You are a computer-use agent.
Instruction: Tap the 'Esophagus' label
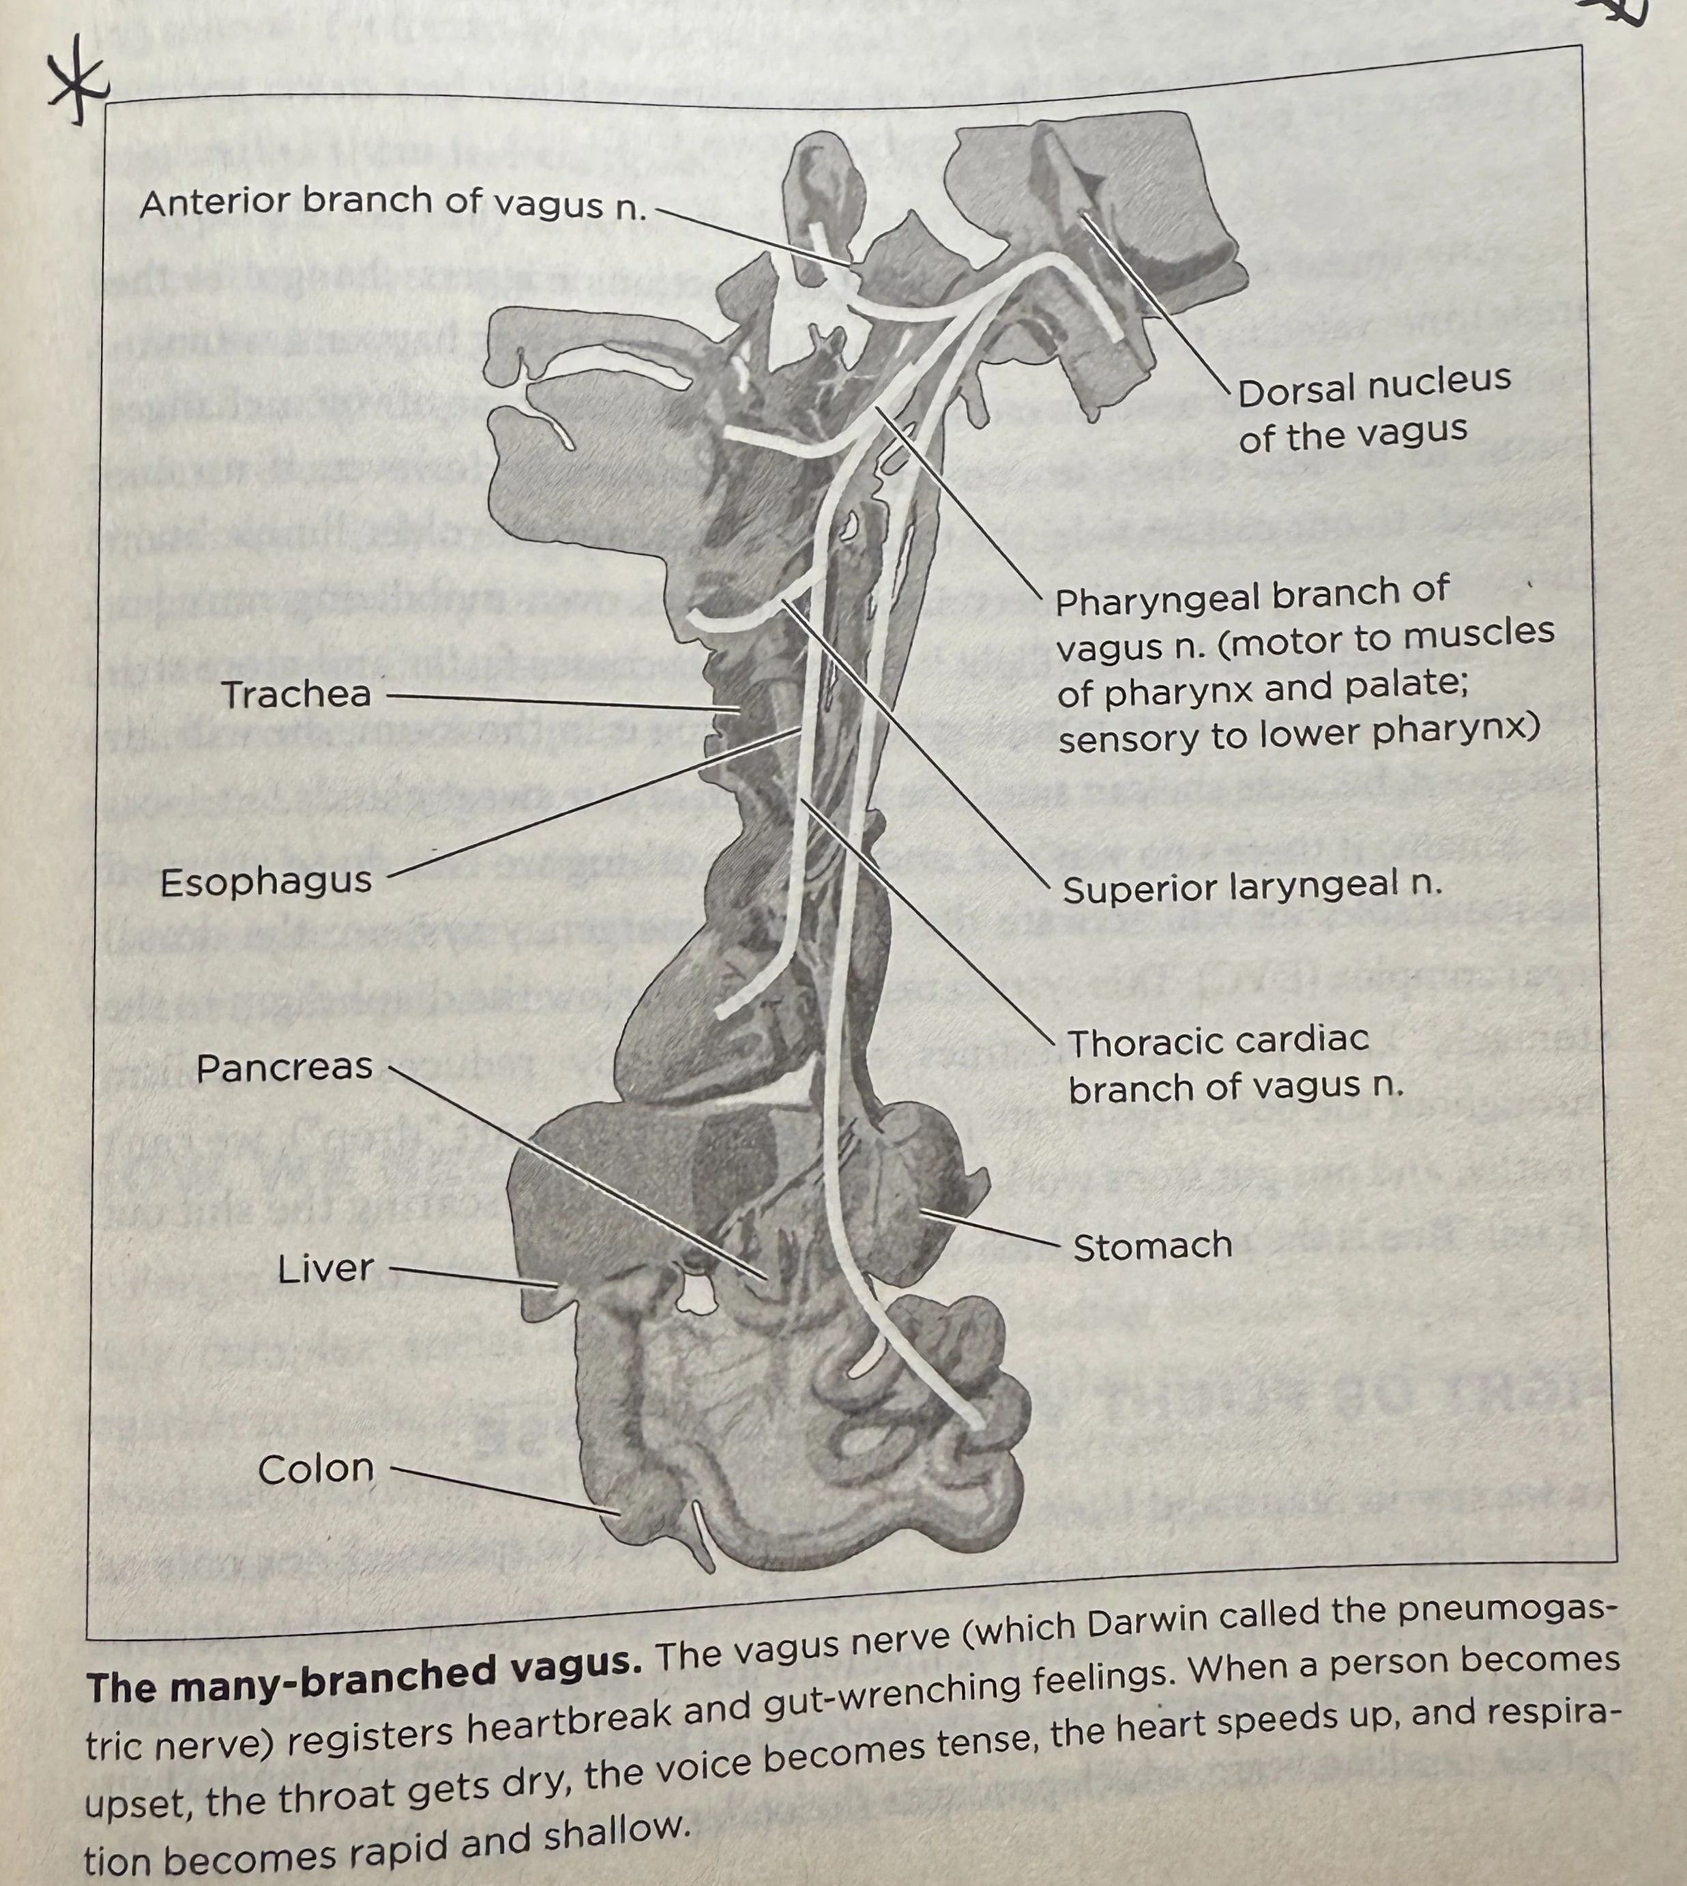point(266,881)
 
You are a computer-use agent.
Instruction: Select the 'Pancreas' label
point(284,1067)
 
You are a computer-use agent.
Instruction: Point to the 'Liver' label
point(325,1268)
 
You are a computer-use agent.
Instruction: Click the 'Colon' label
point(316,1468)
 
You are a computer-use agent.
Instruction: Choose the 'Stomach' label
point(1152,1246)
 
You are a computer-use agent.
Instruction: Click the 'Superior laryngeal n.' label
point(1251,887)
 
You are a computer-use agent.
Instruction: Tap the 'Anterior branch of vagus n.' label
point(392,202)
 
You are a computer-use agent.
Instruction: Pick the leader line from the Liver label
point(473,1276)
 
